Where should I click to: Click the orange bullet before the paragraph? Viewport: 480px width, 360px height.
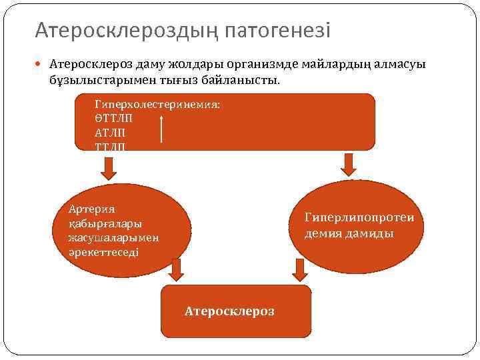pyautogui.click(x=41, y=65)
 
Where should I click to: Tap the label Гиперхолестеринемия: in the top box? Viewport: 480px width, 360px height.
pyautogui.click(x=157, y=105)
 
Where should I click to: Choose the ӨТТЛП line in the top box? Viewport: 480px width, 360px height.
pyautogui.click(x=113, y=117)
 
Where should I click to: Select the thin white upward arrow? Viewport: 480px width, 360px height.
pyautogui.click(x=162, y=128)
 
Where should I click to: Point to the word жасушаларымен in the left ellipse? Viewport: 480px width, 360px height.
pyautogui.click(x=113, y=238)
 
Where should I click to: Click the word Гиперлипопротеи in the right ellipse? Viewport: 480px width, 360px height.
pyautogui.click(x=359, y=217)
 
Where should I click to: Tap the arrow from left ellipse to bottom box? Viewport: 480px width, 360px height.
pyautogui.click(x=177, y=269)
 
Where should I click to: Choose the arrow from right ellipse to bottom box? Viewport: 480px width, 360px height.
pyautogui.click(x=300, y=269)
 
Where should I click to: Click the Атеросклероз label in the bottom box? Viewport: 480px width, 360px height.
pyautogui.click(x=229, y=311)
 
